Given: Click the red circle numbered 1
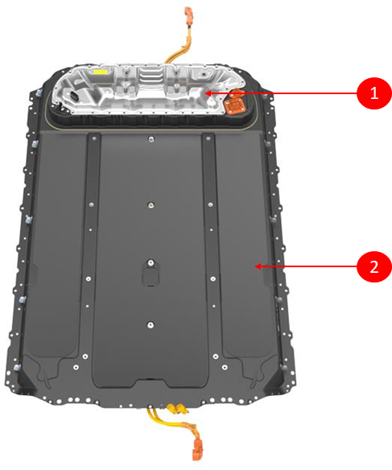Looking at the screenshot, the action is coord(374,93).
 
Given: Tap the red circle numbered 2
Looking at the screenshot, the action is coord(374,266).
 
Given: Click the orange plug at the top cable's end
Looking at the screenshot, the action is coord(188,13).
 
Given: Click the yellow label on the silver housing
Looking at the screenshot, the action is coord(101,72).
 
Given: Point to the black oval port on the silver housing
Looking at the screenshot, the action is coord(74,96).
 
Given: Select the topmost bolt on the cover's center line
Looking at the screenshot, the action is coord(151,138).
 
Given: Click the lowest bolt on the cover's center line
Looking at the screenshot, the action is coord(151,324).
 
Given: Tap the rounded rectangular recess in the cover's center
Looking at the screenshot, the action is coord(151,276).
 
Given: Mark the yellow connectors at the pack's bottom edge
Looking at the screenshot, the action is coord(175,408).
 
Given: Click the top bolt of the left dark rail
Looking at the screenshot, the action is coord(94,138).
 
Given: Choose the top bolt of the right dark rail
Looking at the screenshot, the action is coord(208,138).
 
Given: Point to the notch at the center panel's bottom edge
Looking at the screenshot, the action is coord(150,382).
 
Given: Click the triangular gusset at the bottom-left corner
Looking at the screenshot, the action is coord(27,383).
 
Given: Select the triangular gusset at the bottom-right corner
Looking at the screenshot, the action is coord(274,381).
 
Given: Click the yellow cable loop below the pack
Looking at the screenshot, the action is coord(168,423).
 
